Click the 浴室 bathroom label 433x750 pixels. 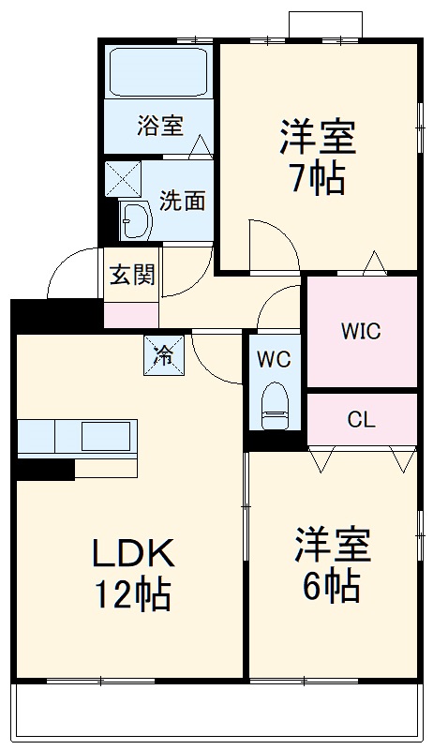click(x=159, y=125)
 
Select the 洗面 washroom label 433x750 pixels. click(x=182, y=200)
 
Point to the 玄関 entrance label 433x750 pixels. click(x=132, y=275)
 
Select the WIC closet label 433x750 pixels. click(x=361, y=332)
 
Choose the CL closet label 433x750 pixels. click(x=361, y=419)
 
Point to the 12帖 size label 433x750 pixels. click(x=131, y=593)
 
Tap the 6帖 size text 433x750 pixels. click(x=331, y=586)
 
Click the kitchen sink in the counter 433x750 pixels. click(x=105, y=437)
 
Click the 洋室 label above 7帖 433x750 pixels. click(x=317, y=138)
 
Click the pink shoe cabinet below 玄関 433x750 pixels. click(x=131, y=314)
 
